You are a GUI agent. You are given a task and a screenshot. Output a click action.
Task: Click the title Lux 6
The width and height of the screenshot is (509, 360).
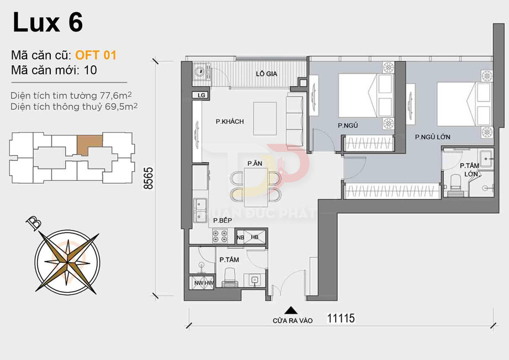(47, 23)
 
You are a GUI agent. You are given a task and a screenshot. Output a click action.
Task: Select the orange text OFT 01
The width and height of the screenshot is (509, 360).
(96, 55)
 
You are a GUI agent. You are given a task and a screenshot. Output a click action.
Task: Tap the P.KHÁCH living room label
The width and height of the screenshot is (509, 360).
(230, 121)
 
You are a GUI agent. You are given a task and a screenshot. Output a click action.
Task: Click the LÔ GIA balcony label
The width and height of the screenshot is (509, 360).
(267, 73)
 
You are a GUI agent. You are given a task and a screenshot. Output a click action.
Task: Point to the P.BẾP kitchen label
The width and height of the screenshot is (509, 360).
(222, 220)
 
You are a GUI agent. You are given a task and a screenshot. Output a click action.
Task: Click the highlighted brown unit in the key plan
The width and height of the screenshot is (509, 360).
(89, 145)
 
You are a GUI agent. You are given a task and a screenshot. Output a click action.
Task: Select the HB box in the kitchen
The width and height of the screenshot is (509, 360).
(254, 237)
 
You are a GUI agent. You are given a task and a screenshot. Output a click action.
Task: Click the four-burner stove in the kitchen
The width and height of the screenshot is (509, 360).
(221, 236)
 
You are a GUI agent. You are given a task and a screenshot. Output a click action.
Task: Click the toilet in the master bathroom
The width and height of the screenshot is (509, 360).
(455, 183)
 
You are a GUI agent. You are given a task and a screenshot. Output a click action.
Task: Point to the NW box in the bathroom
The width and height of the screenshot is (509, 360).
(199, 283)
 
